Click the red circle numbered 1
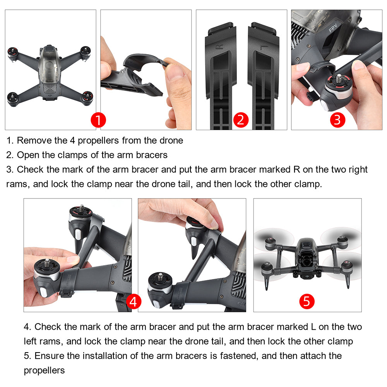click(x=98, y=120)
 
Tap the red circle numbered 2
click(x=240, y=120)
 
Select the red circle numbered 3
click(x=337, y=120)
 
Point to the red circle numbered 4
click(x=133, y=302)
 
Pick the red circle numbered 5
click(x=306, y=301)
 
